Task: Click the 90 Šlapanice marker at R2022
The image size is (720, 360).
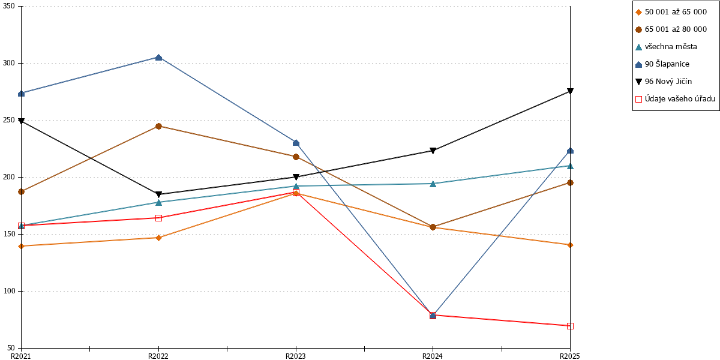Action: click(x=158, y=58)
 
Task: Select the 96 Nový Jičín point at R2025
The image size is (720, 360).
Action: click(x=570, y=91)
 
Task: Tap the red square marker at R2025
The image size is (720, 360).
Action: click(x=570, y=326)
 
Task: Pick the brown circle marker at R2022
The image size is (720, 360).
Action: click(x=158, y=127)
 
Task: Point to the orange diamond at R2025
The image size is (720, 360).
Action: click(x=570, y=245)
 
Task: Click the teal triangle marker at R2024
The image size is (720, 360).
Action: click(x=433, y=184)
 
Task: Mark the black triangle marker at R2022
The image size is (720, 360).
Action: click(x=158, y=194)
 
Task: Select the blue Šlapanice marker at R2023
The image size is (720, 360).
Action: click(x=296, y=143)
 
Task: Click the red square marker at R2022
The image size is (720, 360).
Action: click(x=158, y=218)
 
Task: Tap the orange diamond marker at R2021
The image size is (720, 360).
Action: click(x=22, y=246)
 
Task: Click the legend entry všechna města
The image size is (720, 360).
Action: click(x=667, y=47)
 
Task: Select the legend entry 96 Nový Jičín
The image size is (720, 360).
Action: click(x=664, y=82)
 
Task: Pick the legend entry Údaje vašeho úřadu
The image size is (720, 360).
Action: click(x=676, y=98)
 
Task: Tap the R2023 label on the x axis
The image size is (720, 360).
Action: click(x=296, y=356)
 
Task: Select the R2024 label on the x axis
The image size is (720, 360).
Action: click(x=433, y=356)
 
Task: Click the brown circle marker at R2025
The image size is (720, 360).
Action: click(x=570, y=182)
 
